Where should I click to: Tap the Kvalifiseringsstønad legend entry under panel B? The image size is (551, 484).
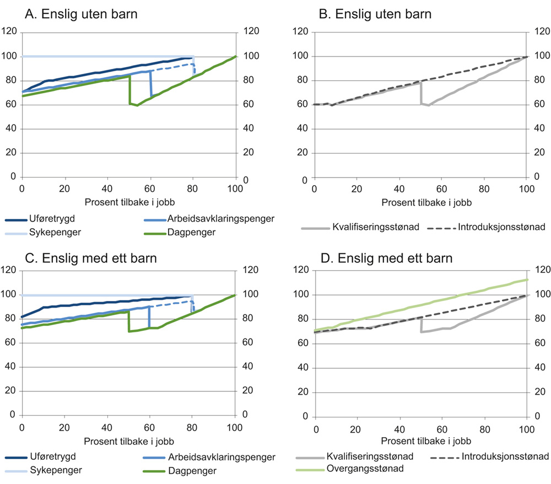(x=373, y=227)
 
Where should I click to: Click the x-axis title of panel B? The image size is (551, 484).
(x=420, y=202)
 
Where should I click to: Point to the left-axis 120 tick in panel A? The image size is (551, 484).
(x=10, y=32)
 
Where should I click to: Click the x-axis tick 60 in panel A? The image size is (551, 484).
(x=150, y=187)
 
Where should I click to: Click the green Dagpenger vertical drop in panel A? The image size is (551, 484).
(x=129, y=90)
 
